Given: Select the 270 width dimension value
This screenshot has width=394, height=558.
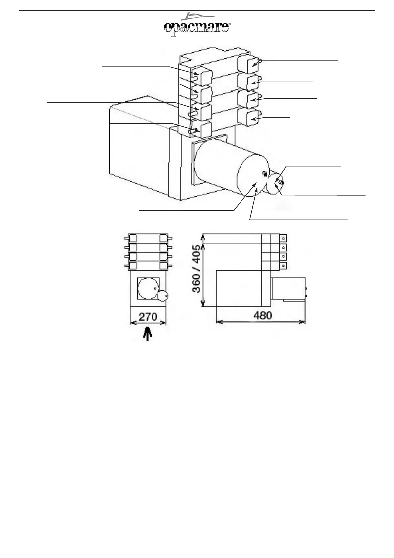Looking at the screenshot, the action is click(148, 317).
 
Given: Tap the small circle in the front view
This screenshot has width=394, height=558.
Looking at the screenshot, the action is click(163, 296).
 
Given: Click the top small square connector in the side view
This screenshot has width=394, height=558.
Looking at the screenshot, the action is click(284, 238).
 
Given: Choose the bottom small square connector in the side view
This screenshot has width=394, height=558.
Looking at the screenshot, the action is click(284, 266).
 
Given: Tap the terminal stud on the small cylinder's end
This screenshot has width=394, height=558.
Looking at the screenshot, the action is click(281, 182).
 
